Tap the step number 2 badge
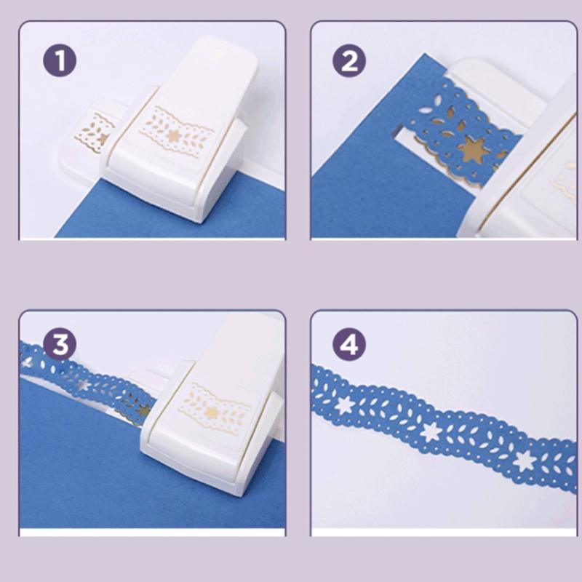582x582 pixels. pyautogui.click(x=349, y=61)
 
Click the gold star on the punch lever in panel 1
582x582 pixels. pyautogui.click(x=172, y=136)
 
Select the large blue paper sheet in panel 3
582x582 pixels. pyautogui.click(x=80, y=466)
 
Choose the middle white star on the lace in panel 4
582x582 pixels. pyautogui.click(x=431, y=431)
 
